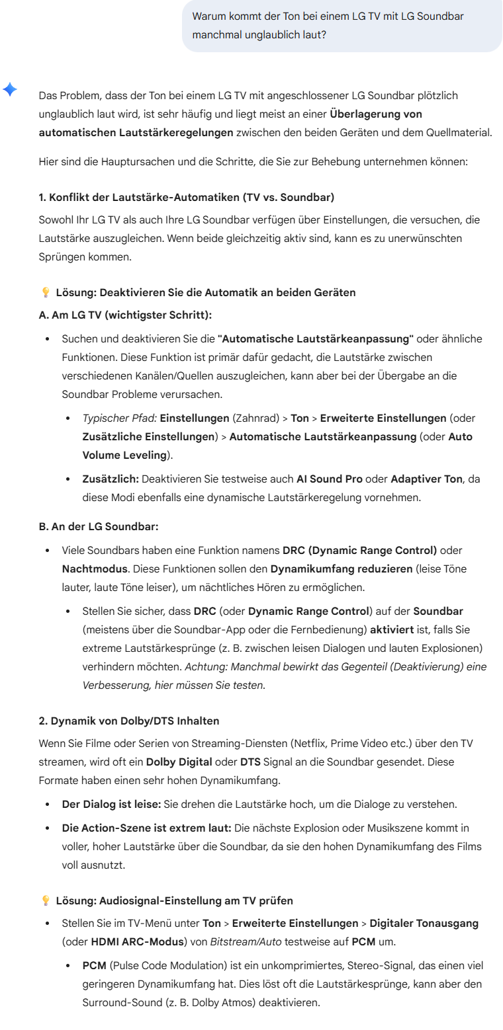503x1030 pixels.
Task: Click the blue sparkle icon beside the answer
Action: point(10,89)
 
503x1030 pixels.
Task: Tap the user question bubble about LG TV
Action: point(342,25)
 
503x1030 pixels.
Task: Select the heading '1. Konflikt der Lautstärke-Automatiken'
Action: point(187,197)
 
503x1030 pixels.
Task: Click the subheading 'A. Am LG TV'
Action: point(125,315)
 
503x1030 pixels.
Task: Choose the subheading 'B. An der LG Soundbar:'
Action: point(99,526)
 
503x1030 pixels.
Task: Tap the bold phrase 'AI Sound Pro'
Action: point(329,479)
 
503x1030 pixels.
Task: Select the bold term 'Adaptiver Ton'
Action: point(426,479)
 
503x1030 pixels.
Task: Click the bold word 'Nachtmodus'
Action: point(93,569)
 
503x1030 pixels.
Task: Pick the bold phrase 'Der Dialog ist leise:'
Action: point(110,804)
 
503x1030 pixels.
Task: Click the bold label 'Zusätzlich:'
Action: point(110,479)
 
